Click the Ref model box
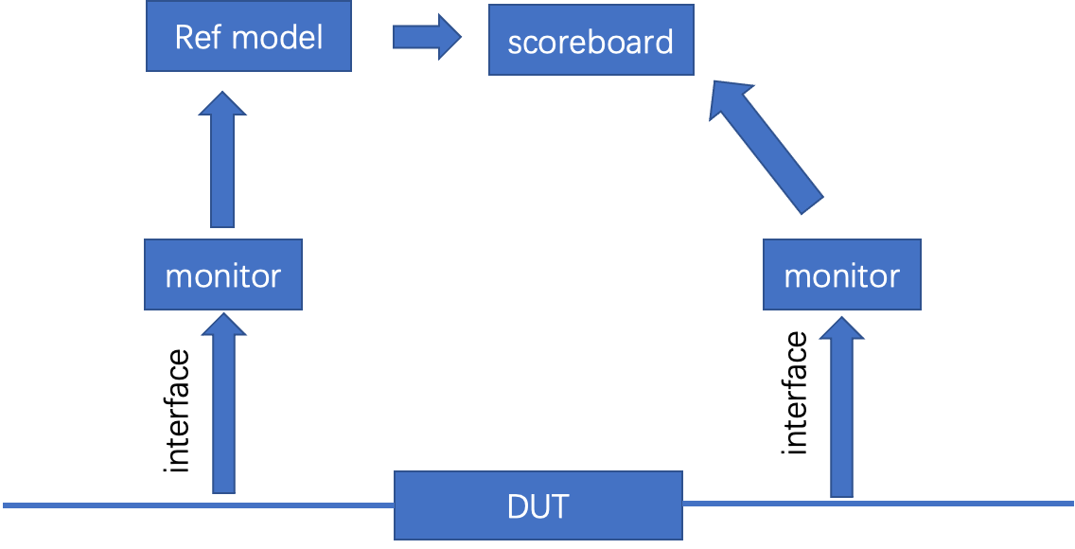click(249, 37)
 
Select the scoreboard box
click(590, 41)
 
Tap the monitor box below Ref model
click(223, 274)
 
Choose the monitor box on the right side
click(841, 274)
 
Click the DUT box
click(537, 505)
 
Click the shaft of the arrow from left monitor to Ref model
click(222, 175)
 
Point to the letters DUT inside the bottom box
click(537, 505)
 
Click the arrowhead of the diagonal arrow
click(730, 99)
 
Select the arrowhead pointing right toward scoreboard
click(445, 37)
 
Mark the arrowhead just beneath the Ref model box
click(222, 102)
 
